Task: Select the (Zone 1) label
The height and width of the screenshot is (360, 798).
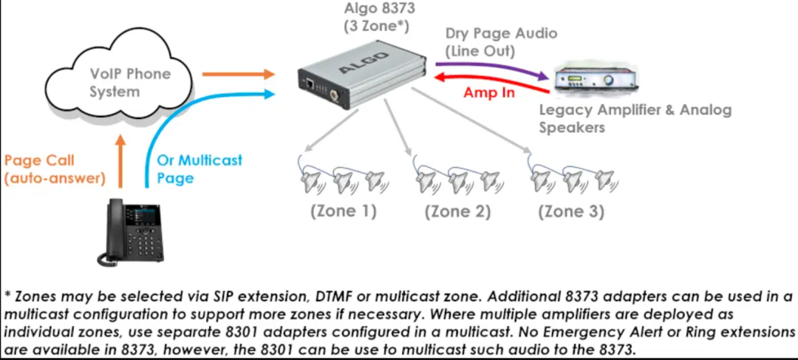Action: tap(343, 211)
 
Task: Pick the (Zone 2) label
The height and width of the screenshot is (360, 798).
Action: tap(457, 211)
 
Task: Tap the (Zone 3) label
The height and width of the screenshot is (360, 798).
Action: tap(571, 211)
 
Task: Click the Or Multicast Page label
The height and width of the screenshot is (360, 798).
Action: tap(199, 169)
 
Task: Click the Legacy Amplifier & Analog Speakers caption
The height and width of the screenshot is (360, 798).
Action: tap(635, 118)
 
